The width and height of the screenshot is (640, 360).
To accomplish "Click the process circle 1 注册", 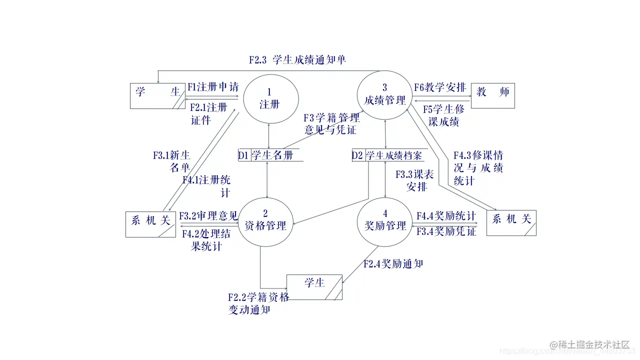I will (270, 98).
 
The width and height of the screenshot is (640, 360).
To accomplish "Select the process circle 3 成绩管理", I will (384, 95).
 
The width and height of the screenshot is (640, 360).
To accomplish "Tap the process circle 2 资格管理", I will (265, 221).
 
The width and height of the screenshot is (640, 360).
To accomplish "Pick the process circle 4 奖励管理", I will (384, 221).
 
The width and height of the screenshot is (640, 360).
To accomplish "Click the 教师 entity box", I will (492, 95).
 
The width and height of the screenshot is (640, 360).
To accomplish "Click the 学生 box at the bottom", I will (314, 287).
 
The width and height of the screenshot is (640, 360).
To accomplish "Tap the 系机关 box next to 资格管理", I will (150, 224).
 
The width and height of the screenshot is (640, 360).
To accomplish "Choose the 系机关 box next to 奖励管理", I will (511, 222).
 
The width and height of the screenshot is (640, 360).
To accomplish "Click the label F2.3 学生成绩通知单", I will (297, 60).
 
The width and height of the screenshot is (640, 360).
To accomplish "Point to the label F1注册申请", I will (213, 87).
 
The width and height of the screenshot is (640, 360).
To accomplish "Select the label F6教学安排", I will (440, 87).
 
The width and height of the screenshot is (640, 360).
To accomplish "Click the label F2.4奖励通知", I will (393, 263).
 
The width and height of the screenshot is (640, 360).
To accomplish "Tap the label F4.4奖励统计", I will (446, 216).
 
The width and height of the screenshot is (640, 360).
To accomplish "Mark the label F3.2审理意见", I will (208, 216).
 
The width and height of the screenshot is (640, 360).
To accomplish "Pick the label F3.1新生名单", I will (172, 161).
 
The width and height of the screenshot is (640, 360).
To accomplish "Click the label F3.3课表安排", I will (415, 180).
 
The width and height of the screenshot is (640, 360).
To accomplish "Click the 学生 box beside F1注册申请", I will (157, 95).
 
